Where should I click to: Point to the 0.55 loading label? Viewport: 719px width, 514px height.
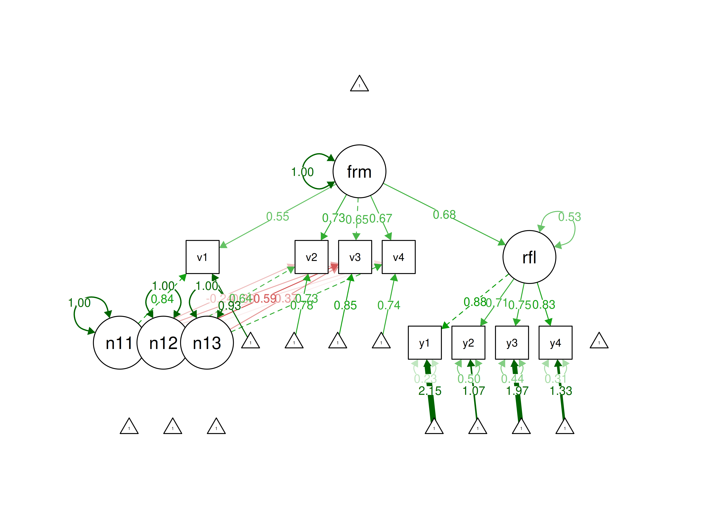click(278, 217)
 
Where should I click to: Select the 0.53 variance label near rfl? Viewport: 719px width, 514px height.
click(569, 217)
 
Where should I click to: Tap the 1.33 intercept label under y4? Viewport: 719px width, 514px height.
click(561, 391)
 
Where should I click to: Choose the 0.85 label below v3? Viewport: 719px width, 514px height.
click(345, 305)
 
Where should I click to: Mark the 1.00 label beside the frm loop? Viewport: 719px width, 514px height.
click(302, 172)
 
